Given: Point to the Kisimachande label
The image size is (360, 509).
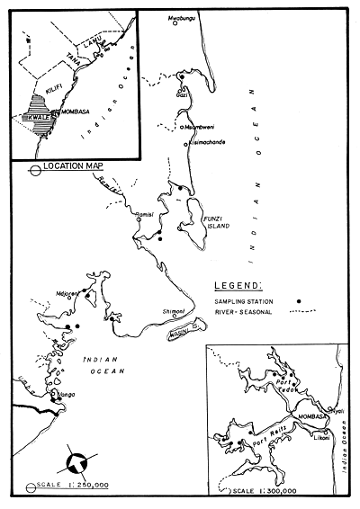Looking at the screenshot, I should (212, 143).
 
